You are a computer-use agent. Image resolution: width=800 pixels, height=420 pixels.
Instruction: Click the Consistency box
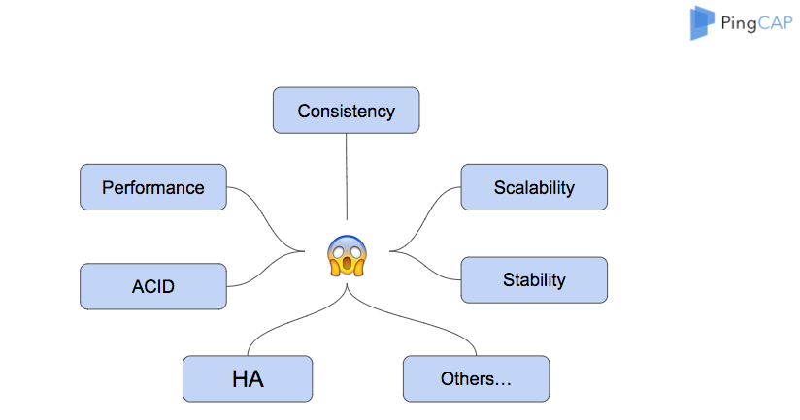pos(346,110)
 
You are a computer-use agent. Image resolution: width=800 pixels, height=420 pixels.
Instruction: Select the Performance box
pos(152,187)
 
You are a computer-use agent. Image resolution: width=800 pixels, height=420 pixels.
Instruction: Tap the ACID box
pos(152,286)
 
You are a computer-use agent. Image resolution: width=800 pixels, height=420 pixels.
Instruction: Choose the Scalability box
pos(534,187)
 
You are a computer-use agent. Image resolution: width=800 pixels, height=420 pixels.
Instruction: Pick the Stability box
pos(534,280)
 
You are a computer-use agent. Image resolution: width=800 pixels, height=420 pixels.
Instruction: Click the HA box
pos(248,378)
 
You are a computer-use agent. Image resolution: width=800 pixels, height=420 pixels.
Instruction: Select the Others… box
pos(476,378)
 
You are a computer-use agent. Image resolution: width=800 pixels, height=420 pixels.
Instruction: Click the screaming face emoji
pos(346,256)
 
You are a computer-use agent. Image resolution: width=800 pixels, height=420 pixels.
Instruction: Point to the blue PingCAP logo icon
pos(702,23)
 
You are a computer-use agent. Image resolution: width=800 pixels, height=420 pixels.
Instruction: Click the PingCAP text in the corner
pos(753,21)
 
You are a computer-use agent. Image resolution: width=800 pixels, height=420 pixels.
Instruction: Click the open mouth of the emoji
pos(346,264)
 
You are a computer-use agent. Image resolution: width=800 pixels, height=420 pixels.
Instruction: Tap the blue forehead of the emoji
pos(346,242)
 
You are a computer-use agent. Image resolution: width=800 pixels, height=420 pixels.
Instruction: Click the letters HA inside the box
pos(248,379)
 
